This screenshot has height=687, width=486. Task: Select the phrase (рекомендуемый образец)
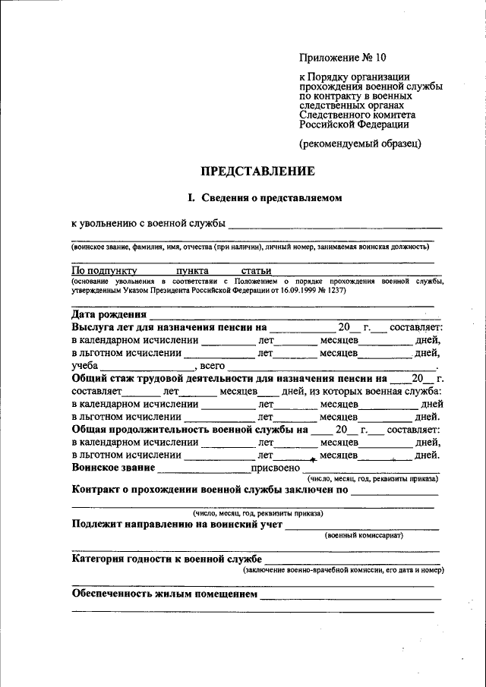pos(359,143)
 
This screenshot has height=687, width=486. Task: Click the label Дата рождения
pos(109,314)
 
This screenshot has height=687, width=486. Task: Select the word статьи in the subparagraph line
pos(256,270)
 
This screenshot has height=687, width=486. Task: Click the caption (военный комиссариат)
pos(364,535)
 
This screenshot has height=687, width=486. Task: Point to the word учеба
pos(86,366)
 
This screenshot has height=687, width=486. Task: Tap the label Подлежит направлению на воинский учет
pos(177,524)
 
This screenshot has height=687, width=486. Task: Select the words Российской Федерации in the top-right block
pos(353,124)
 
